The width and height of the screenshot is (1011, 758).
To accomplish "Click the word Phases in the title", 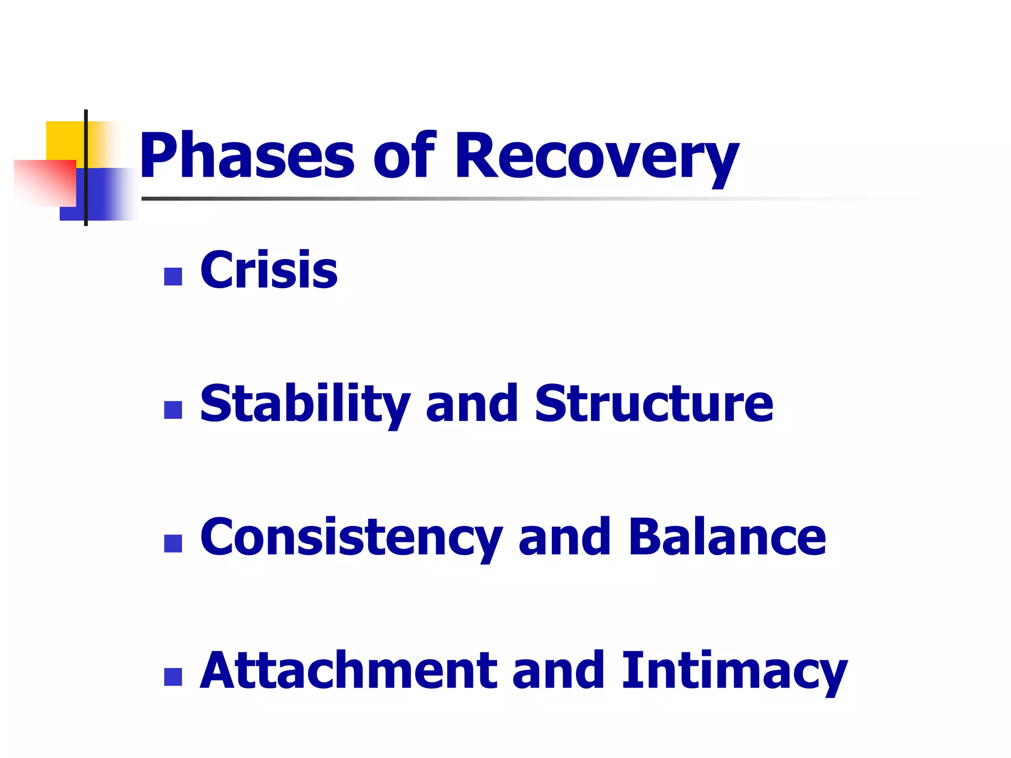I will [x=247, y=157].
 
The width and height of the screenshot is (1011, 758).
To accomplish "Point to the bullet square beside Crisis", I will [x=173, y=276].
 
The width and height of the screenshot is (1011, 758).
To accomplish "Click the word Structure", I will [x=654, y=404].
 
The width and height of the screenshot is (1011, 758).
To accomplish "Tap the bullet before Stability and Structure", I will [x=173, y=410].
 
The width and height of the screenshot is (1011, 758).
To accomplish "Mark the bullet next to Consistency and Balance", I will [x=173, y=543].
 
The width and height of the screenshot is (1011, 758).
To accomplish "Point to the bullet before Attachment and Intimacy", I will [x=173, y=677].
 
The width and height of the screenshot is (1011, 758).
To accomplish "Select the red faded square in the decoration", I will [x=44, y=183].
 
